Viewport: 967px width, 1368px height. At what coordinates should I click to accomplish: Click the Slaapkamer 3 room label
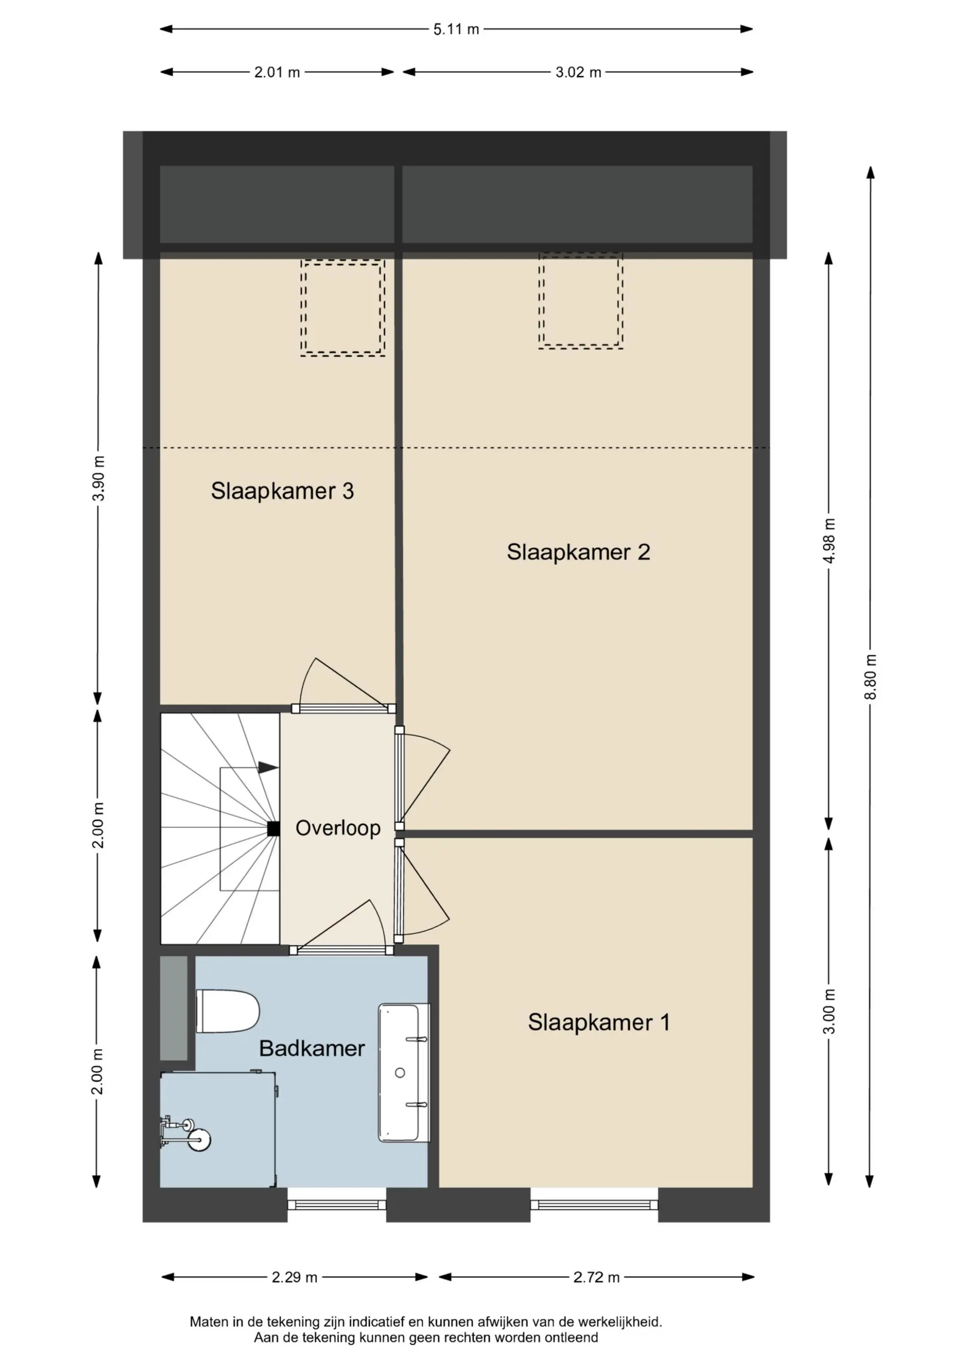[x=282, y=491]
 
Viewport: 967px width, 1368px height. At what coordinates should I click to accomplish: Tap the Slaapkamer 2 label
[x=578, y=552]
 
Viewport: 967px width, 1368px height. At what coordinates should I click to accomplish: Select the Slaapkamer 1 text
[x=599, y=1022]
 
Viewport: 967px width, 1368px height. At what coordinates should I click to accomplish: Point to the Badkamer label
[x=311, y=1048]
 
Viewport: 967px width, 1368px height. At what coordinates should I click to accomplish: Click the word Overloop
[x=338, y=828]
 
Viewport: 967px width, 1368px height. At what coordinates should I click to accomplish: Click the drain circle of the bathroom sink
[x=400, y=1073]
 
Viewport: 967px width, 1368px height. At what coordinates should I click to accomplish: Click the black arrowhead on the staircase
[x=268, y=767]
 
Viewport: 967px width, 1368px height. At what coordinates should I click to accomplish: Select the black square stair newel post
[x=274, y=829]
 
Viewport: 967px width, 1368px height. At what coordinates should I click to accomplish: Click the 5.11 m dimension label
[x=456, y=29]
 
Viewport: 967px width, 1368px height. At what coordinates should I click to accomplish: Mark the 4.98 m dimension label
[x=829, y=541]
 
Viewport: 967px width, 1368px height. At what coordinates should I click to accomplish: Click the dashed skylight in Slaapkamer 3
[x=342, y=307]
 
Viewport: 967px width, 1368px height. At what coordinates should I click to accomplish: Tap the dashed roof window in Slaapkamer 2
[x=581, y=301]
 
